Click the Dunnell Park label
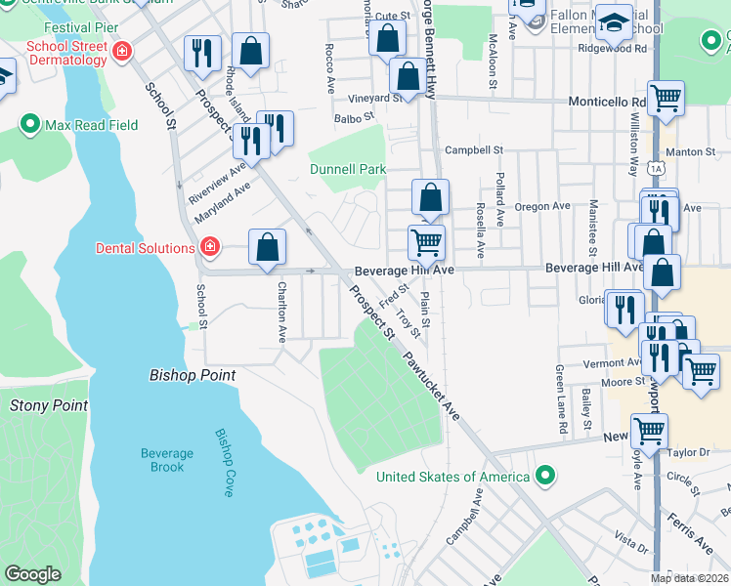(x=348, y=169)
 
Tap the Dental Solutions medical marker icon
(x=209, y=247)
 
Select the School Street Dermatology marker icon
(x=122, y=52)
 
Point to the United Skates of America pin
(x=546, y=477)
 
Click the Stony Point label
(x=48, y=405)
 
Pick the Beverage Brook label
(x=160, y=460)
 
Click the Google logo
(x=32, y=574)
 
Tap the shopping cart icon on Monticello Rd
(x=666, y=97)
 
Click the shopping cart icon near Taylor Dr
(x=649, y=429)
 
